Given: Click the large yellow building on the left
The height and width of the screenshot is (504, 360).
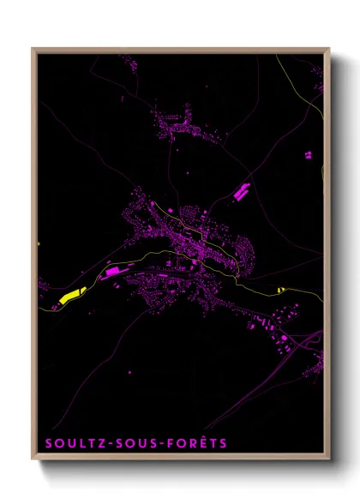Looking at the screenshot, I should coord(72,297).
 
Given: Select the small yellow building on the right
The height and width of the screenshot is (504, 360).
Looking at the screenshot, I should coord(280,290).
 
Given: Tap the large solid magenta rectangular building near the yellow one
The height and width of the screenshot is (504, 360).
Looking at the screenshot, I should coord(111,272).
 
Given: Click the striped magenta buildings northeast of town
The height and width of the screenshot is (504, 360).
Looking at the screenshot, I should coord(241,192).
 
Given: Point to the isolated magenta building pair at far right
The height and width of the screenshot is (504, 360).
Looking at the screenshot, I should coord(308,155).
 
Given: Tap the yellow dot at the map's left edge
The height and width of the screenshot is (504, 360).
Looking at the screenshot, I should coord(39,243).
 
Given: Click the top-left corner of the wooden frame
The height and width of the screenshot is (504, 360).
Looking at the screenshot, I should coord(33,50).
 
